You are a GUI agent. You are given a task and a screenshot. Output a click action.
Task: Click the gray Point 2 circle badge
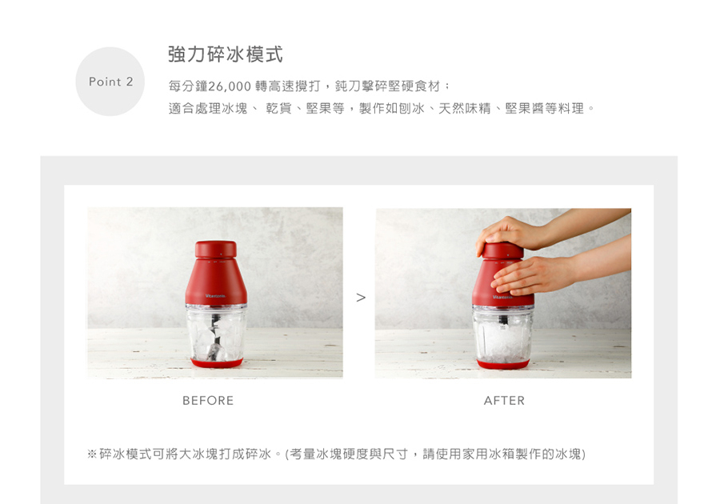point(110,82)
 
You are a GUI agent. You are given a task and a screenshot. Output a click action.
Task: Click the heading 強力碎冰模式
point(225,54)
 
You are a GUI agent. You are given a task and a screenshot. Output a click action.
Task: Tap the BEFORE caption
point(208,401)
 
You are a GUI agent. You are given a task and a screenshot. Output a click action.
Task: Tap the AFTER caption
point(504,401)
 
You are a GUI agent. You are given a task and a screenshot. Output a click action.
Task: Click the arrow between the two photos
point(361,298)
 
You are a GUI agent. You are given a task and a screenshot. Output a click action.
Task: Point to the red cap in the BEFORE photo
point(216,250)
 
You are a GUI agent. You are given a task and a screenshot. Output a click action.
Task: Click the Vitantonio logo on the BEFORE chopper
point(215,296)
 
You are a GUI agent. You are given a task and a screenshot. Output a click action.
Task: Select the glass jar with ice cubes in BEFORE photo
point(216,332)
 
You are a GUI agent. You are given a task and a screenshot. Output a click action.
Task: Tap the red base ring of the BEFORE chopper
point(216,363)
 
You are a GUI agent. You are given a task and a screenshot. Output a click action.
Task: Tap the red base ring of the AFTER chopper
point(503,365)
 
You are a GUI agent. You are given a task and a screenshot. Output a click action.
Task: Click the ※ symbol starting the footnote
point(92,454)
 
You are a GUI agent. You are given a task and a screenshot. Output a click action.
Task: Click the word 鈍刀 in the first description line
point(348,86)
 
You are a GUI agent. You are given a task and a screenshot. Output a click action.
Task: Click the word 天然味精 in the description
point(465,108)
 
